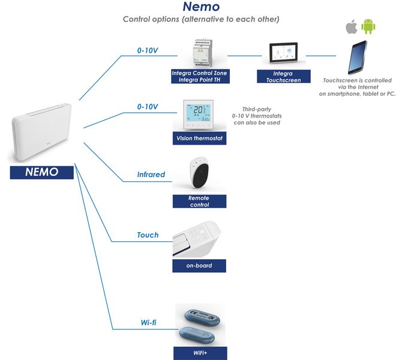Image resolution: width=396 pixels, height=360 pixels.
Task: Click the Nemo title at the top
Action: pos(201,7)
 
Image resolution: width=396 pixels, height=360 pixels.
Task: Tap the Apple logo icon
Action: pos(351,27)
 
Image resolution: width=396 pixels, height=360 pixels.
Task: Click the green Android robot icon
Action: pos(367,27)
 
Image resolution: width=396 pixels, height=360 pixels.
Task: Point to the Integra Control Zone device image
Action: pos(200,53)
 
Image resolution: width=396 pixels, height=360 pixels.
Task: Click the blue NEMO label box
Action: pos(41,172)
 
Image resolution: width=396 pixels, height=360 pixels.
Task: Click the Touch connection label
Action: pos(148,235)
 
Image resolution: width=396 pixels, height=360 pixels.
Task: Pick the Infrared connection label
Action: pos(151,175)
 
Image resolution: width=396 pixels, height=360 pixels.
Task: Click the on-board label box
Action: pos(199,265)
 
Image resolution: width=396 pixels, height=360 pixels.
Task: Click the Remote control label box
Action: pos(199,202)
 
